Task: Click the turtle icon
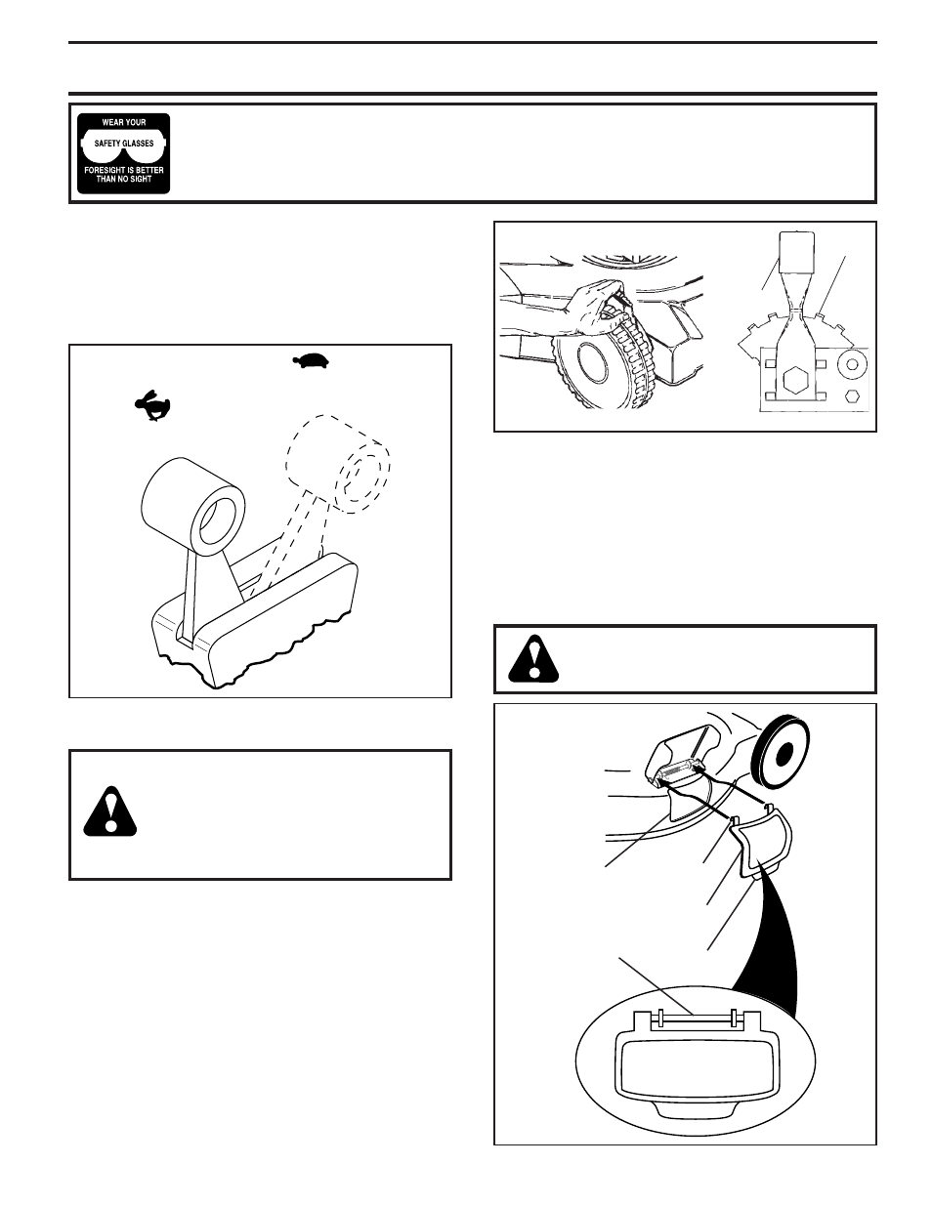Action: (311, 360)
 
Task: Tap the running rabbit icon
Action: (152, 405)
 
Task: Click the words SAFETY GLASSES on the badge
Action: (124, 144)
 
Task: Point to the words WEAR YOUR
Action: (124, 122)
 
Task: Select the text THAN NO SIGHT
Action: (124, 180)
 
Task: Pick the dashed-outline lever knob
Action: (338, 464)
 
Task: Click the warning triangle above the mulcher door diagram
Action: (533, 659)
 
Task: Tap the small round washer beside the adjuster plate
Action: (853, 364)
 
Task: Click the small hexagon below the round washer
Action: (853, 396)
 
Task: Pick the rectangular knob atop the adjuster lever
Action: (797, 253)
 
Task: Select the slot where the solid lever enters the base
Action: (185, 633)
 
